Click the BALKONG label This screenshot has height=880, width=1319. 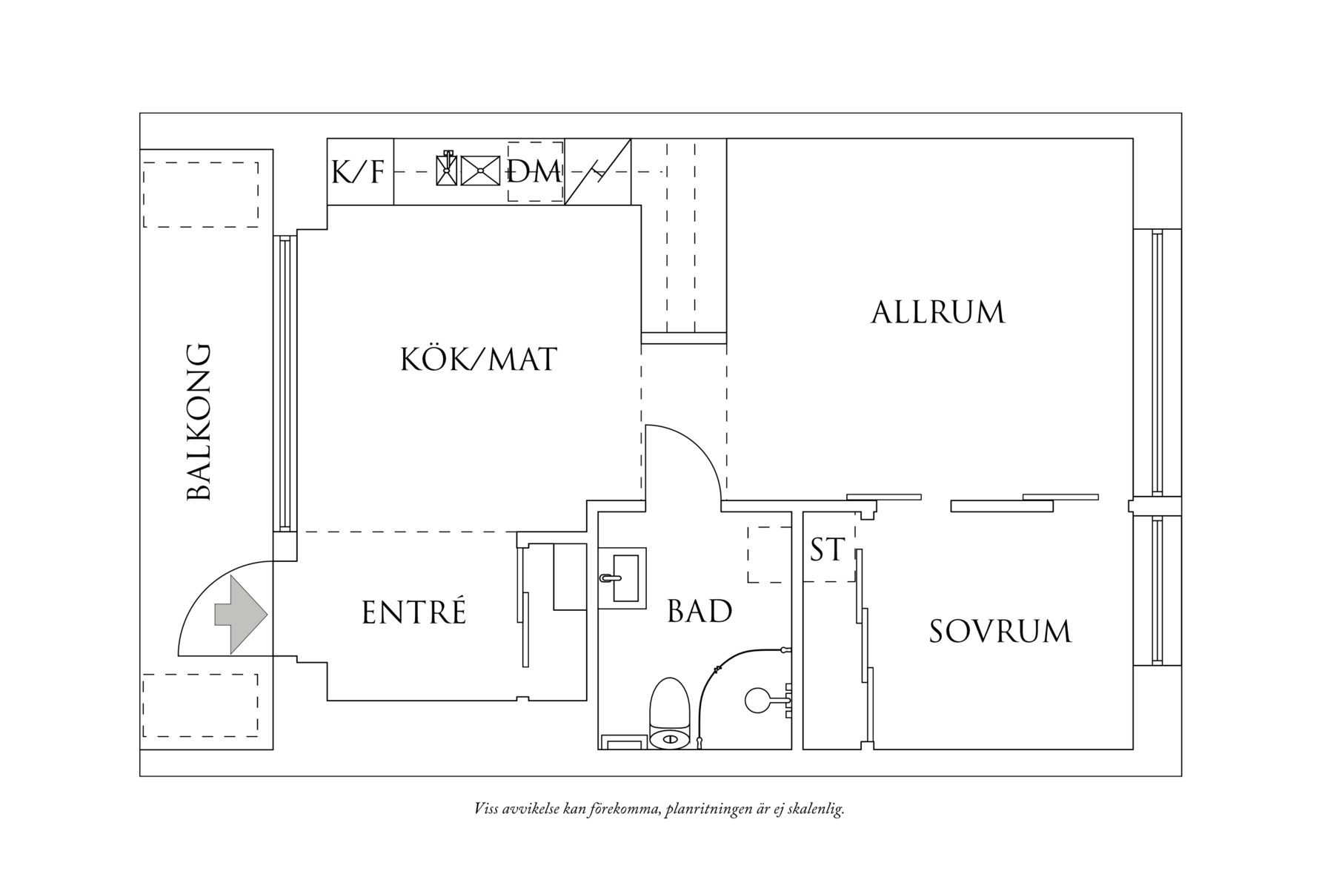(199, 422)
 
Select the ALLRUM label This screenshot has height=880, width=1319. (938, 312)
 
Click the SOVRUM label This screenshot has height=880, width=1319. (1000, 631)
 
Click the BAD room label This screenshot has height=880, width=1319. (700, 612)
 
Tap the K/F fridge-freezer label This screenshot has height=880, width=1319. (359, 172)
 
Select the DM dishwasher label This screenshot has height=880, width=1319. (535, 172)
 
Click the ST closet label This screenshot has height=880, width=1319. (828, 550)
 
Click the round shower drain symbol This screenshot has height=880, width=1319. (757, 700)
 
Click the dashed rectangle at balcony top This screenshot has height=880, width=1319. (201, 194)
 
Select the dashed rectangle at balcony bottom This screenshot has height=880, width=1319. (201, 705)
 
